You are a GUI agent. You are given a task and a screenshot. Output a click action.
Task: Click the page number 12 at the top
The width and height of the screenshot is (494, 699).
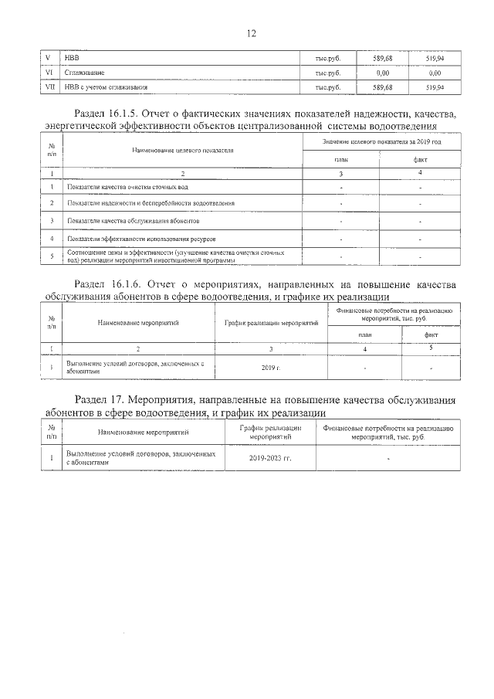[x=247, y=34]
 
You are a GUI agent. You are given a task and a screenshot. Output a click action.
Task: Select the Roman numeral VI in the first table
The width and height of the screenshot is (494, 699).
[x=50, y=73]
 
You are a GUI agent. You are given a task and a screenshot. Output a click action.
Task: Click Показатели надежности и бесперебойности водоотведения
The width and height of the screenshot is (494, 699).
[x=151, y=204]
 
